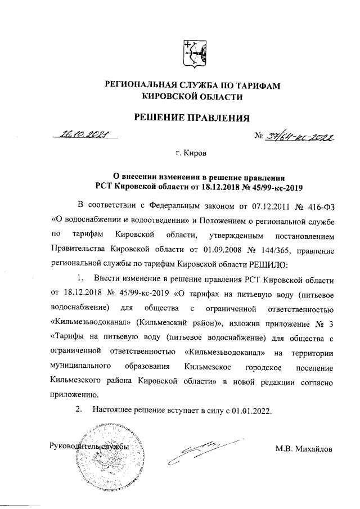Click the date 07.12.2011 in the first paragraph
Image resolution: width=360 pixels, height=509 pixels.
261,203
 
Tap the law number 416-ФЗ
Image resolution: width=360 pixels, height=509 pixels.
316,203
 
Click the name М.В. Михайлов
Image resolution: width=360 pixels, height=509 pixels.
304,448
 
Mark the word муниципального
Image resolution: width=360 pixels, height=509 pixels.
79,366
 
